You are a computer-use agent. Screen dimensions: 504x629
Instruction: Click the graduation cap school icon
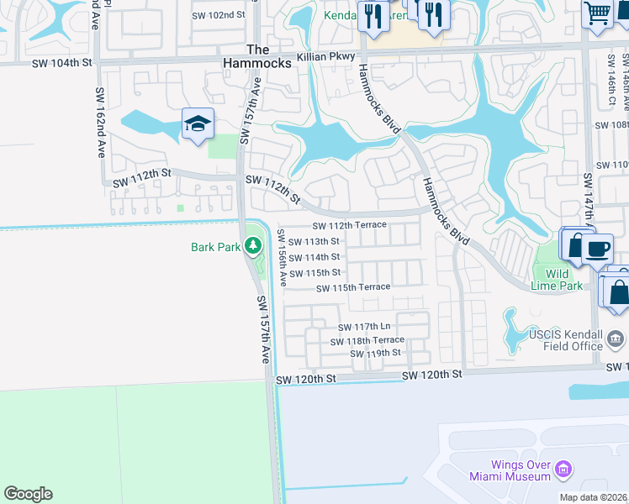[x=198, y=124]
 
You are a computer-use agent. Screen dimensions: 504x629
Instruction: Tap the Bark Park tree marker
[x=253, y=246]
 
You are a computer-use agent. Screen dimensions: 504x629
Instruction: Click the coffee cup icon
[x=597, y=249]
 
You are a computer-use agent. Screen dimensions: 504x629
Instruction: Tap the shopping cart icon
[x=598, y=13]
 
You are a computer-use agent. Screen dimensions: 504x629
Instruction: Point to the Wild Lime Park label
[x=557, y=280]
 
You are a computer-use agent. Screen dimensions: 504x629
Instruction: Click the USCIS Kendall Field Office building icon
[x=616, y=339]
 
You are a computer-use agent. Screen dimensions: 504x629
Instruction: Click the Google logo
[x=28, y=494]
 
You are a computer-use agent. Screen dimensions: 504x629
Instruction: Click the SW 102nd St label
[x=218, y=15]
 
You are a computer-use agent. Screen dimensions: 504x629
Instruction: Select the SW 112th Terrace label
[x=349, y=225]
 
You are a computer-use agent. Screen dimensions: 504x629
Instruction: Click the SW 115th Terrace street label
[x=353, y=287]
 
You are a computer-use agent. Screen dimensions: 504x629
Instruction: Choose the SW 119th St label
[x=375, y=353]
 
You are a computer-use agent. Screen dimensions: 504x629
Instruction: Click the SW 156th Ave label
[x=283, y=258]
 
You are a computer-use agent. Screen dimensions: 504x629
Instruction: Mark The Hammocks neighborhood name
[x=257, y=56]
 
